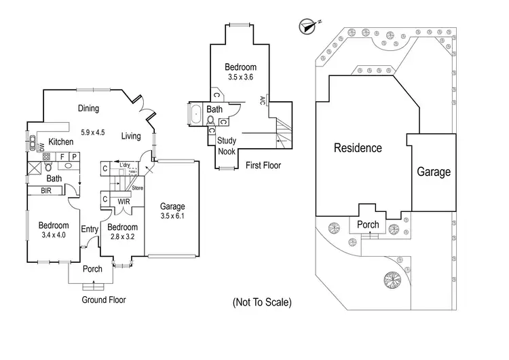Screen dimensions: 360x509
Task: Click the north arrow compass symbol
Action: click(309, 26)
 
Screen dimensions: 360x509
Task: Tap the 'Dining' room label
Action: click(88, 108)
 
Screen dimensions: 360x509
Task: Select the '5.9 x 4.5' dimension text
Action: click(92, 132)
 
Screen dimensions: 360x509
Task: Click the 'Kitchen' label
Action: click(60, 142)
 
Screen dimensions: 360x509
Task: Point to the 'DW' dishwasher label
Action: click(41, 145)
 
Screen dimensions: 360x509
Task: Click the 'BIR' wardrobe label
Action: click(47, 191)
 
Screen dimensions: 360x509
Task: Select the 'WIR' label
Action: click(123, 202)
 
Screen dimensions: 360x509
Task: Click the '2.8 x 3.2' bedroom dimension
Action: click(122, 237)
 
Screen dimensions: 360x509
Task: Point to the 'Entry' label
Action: click(90, 230)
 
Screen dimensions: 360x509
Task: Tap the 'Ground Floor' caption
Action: click(104, 300)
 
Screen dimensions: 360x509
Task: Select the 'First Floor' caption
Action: click(263, 165)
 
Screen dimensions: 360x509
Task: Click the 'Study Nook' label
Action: click(227, 147)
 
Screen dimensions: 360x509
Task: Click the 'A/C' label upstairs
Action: click(262, 101)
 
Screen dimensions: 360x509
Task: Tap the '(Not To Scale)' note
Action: click(261, 302)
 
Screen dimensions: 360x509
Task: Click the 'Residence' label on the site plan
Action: click(358, 148)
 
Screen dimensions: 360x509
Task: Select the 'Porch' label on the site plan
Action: click(368, 225)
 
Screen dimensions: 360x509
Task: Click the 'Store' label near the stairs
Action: click(138, 188)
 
